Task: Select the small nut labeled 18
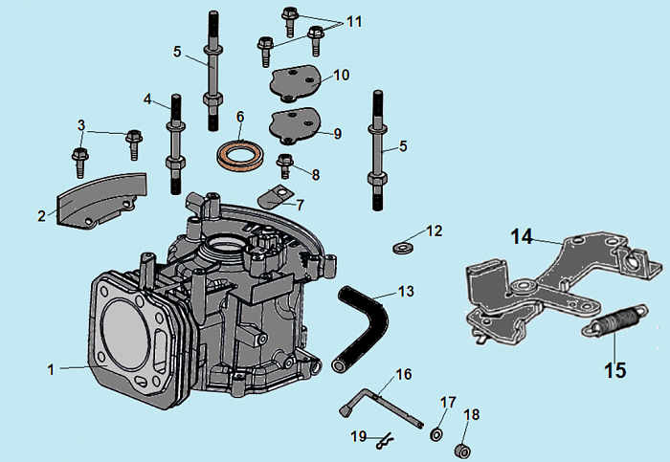click(x=459, y=450)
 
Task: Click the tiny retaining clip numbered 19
click(x=384, y=441)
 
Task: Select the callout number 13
click(x=406, y=291)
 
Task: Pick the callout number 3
click(x=81, y=125)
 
